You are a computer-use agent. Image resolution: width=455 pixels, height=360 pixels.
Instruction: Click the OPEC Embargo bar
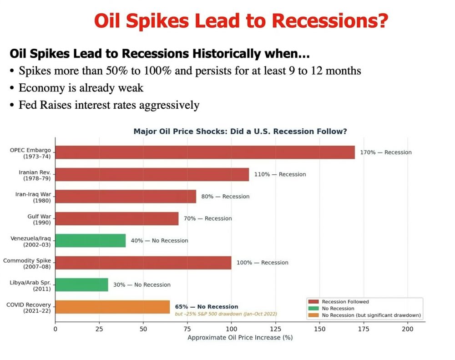click(x=205, y=152)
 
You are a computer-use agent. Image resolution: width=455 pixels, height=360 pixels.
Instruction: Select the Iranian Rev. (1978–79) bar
click(x=152, y=174)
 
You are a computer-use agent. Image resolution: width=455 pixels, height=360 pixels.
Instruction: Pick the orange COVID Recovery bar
click(x=112, y=307)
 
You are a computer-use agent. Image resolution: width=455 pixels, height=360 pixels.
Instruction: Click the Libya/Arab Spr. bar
click(x=81, y=284)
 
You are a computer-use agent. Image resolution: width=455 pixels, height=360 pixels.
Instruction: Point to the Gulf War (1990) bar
click(x=116, y=218)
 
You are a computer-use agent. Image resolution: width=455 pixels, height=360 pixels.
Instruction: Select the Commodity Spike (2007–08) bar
click(x=143, y=263)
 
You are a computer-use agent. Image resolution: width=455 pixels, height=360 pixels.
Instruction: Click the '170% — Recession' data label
click(x=385, y=152)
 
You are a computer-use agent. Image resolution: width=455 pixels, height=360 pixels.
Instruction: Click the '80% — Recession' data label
click(x=225, y=196)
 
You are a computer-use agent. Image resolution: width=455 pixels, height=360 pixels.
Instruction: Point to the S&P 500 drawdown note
click(x=226, y=314)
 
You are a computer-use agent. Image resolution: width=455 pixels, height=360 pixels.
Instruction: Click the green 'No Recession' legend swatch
click(x=313, y=308)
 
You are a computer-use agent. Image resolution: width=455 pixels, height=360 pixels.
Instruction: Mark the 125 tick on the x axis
click(x=275, y=329)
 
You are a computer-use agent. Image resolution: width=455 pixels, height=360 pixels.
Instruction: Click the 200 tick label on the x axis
click(x=407, y=329)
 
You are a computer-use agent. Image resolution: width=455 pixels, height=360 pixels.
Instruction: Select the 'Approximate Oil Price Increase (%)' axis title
click(x=240, y=338)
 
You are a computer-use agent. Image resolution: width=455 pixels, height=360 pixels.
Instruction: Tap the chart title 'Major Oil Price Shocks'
click(x=240, y=132)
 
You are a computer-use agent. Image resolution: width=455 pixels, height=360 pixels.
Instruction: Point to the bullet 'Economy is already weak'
click(x=81, y=88)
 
